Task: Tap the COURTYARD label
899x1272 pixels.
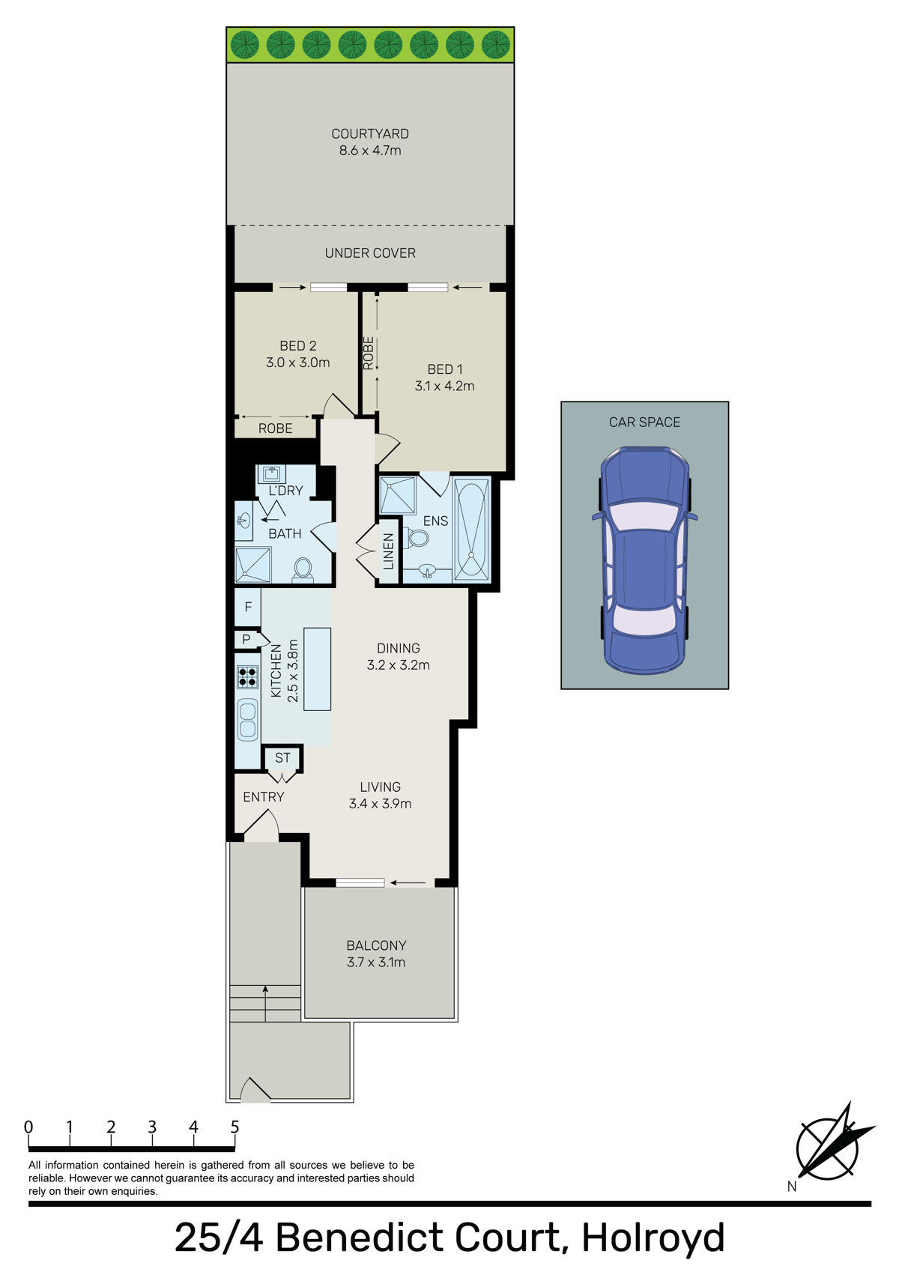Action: pyautogui.click(x=370, y=134)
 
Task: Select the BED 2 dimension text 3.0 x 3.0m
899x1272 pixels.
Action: pyautogui.click(x=297, y=363)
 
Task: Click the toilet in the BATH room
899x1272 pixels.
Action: pyautogui.click(x=303, y=568)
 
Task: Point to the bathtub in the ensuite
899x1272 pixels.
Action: pyautogui.click(x=471, y=530)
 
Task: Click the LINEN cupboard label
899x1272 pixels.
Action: pyautogui.click(x=389, y=551)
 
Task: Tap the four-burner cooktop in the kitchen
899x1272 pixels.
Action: pyautogui.click(x=247, y=676)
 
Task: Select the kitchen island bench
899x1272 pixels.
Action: pyautogui.click(x=317, y=669)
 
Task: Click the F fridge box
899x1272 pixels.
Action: pyautogui.click(x=248, y=608)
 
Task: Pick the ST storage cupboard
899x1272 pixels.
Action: pyautogui.click(x=282, y=758)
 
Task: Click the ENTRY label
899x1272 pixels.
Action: pyautogui.click(x=264, y=797)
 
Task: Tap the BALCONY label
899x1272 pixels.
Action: pyautogui.click(x=376, y=945)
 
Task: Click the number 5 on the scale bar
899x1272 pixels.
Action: pyautogui.click(x=234, y=1127)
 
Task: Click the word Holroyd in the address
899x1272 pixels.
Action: pyautogui.click(x=653, y=1238)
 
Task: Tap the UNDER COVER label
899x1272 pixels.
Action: pyautogui.click(x=370, y=253)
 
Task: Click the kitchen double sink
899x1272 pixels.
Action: pyautogui.click(x=247, y=719)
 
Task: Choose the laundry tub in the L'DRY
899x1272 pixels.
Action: pyautogui.click(x=272, y=474)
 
